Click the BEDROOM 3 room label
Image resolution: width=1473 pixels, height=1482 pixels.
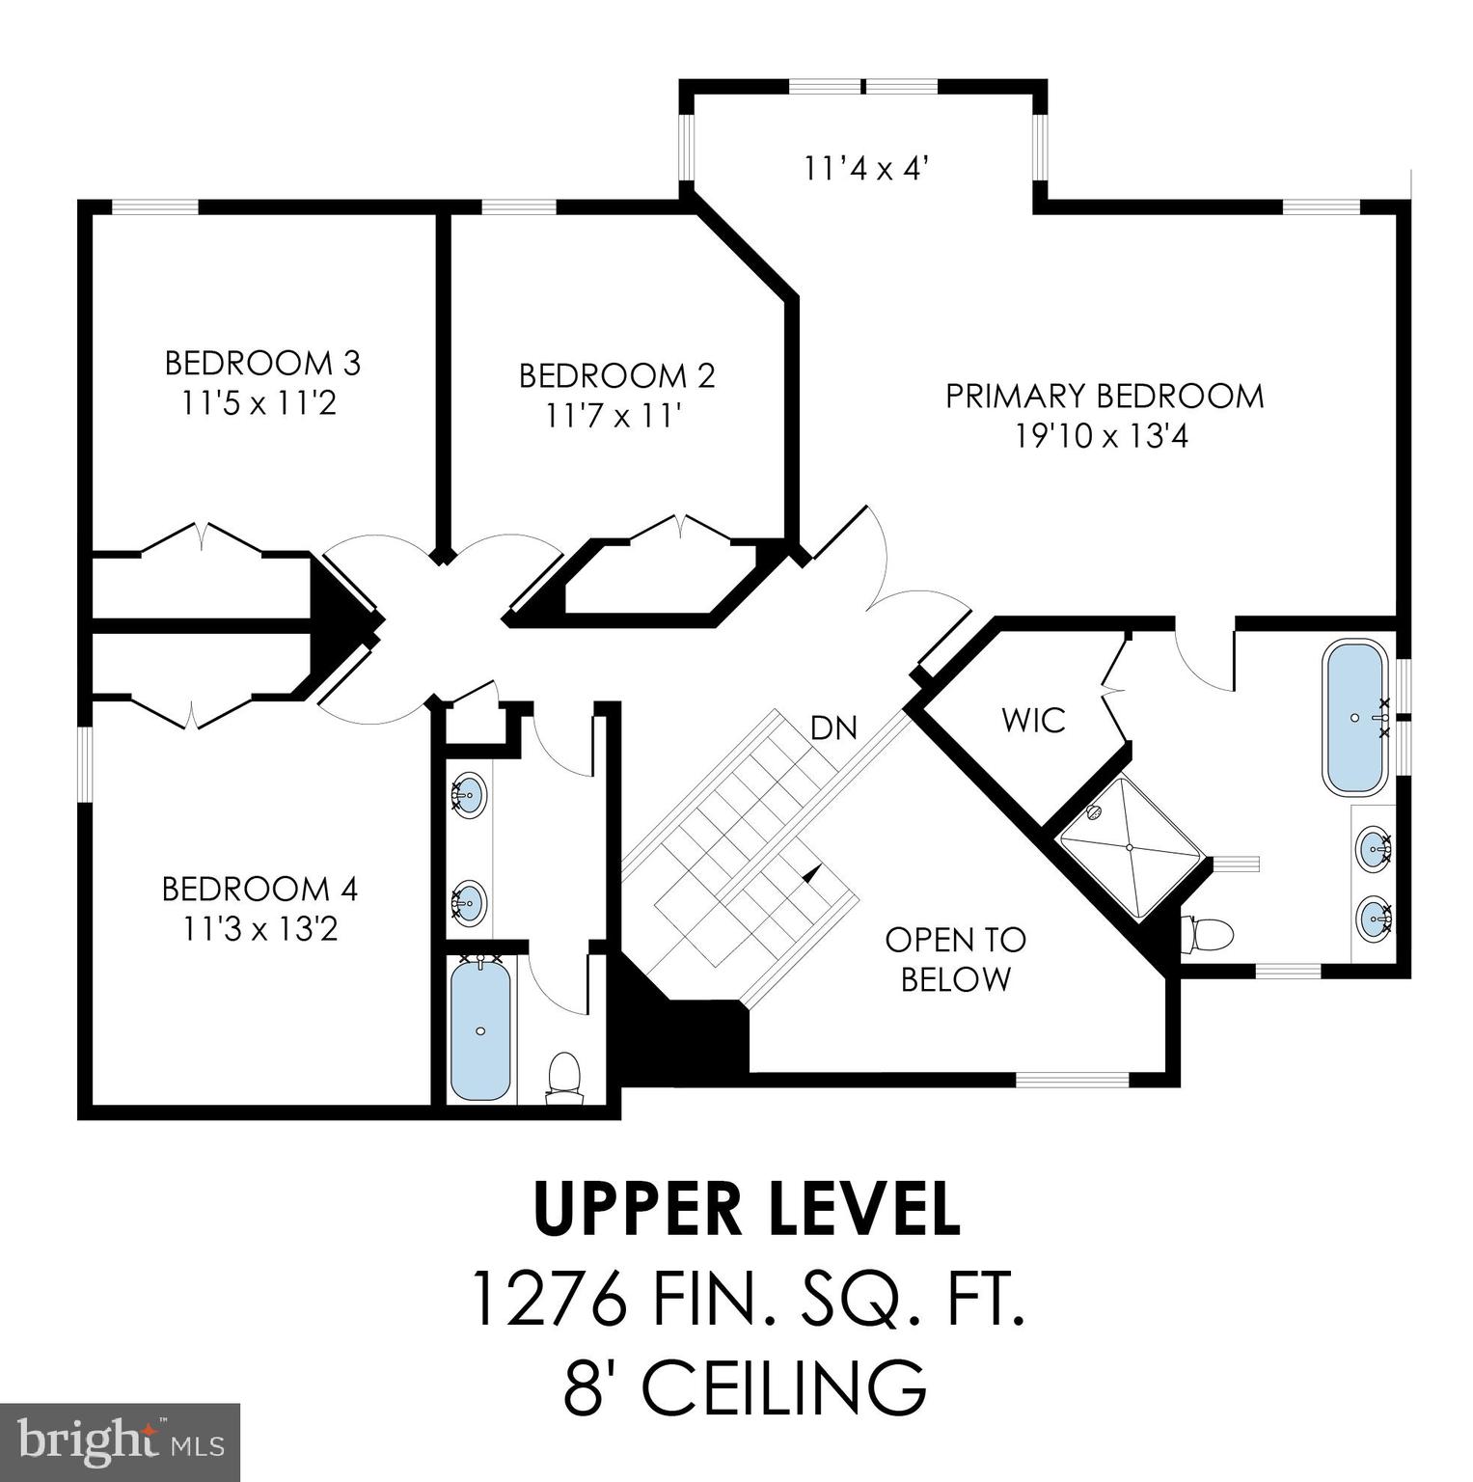click(262, 364)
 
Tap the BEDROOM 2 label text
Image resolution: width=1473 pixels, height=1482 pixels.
click(616, 375)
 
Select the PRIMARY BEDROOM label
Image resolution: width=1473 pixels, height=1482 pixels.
click(1104, 396)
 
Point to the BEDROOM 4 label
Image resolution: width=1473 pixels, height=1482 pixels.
click(259, 889)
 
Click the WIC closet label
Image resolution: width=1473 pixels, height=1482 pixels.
click(1033, 720)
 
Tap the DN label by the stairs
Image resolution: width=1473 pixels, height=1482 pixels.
click(834, 727)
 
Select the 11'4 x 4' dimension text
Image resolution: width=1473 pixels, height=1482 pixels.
click(865, 169)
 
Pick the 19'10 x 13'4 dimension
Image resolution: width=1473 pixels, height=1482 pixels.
click(1102, 437)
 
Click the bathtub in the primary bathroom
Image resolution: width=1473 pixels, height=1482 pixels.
click(1354, 718)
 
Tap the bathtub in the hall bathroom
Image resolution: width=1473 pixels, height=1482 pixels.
click(480, 1029)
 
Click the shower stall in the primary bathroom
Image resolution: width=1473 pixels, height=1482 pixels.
click(1131, 847)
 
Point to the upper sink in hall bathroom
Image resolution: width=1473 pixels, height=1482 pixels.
click(469, 795)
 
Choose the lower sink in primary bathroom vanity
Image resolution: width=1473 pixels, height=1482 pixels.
click(1373, 915)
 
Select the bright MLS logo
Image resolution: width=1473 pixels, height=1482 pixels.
click(120, 1441)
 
